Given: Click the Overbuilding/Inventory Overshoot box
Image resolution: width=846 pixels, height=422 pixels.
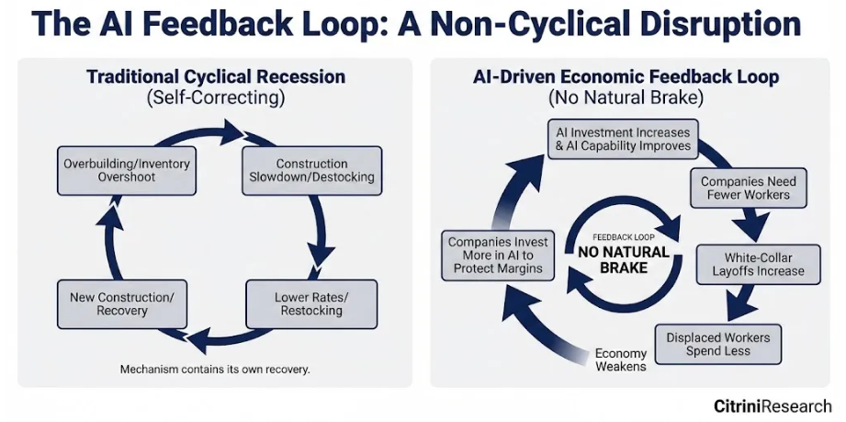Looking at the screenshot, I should pyautogui.click(x=127, y=170).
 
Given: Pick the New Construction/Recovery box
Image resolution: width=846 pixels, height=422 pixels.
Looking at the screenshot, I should pyautogui.click(x=127, y=303).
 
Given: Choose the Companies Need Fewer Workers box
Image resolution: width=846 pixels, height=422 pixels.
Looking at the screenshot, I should pyautogui.click(x=748, y=189).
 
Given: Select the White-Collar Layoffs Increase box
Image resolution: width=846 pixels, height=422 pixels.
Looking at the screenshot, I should pyautogui.click(x=758, y=264).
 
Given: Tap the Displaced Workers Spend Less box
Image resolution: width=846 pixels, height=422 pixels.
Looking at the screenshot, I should pyautogui.click(x=718, y=344).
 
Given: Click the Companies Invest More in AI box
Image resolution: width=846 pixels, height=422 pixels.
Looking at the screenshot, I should pyautogui.click(x=498, y=256).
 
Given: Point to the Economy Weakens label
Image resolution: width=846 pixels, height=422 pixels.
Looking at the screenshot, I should pyautogui.click(x=621, y=359).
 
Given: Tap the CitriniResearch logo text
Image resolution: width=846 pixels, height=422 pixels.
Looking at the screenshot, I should pyautogui.click(x=773, y=405).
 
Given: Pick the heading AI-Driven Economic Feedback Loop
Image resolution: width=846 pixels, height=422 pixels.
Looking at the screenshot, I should pyautogui.click(x=626, y=77).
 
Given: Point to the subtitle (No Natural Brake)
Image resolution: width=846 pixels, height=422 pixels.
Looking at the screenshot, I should pyautogui.click(x=626, y=97).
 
